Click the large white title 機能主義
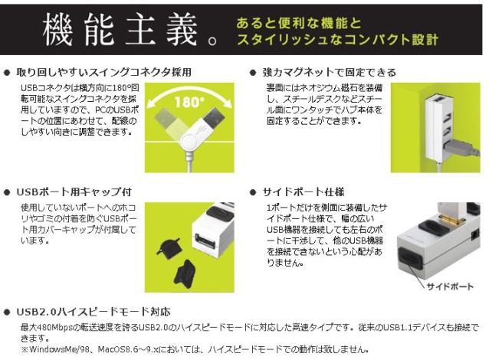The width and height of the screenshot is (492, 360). point(121,30)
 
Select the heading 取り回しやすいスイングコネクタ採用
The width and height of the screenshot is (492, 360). point(104,73)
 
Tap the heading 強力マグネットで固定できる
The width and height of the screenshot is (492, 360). point(330,73)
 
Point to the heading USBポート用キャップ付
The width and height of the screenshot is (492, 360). point(74,192)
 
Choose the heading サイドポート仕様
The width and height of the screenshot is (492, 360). point(303,192)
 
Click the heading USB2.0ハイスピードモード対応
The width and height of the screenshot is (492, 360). point(93,312)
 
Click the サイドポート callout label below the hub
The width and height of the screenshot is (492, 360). point(450,286)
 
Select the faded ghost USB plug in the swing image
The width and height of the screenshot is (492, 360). point(166,118)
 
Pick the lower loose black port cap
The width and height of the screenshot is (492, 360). point(185,273)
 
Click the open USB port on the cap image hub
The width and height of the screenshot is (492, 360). point(205,241)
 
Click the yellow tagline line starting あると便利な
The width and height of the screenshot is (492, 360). point(299,23)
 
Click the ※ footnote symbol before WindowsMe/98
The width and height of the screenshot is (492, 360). point(25,349)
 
